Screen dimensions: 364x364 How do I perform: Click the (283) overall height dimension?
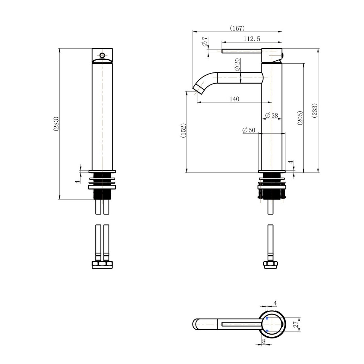[56, 124]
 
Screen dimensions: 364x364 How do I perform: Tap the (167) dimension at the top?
[237, 28]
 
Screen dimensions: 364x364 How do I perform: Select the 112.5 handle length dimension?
[252, 39]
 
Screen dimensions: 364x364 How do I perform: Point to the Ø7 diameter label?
[205, 41]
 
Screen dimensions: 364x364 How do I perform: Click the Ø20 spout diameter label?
[237, 64]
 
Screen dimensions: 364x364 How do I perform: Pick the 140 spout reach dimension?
[234, 99]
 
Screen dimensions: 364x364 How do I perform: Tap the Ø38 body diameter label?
[271, 115]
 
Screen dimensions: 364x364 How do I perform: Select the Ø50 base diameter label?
[249, 130]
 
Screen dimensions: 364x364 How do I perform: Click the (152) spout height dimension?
[183, 131]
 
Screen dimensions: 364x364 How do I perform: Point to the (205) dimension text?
[300, 118]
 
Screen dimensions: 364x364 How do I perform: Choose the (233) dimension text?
[315, 110]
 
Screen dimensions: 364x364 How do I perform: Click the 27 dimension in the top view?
[296, 324]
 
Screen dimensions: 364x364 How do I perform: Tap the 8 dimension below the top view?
[264, 341]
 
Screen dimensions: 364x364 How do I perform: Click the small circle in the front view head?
[102, 56]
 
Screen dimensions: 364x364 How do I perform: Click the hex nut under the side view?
[270, 265]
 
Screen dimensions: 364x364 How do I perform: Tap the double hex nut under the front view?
[102, 265]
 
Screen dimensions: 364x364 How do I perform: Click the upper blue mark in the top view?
[267, 318]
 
